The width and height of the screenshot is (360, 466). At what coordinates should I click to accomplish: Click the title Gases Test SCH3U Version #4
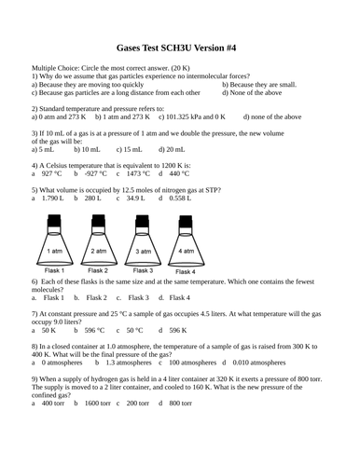pyautogui.click(x=179, y=44)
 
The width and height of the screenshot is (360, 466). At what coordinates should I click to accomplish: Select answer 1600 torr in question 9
pyautogui.click(x=98, y=402)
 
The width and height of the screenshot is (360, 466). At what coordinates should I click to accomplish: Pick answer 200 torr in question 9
pyautogui.click(x=138, y=402)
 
